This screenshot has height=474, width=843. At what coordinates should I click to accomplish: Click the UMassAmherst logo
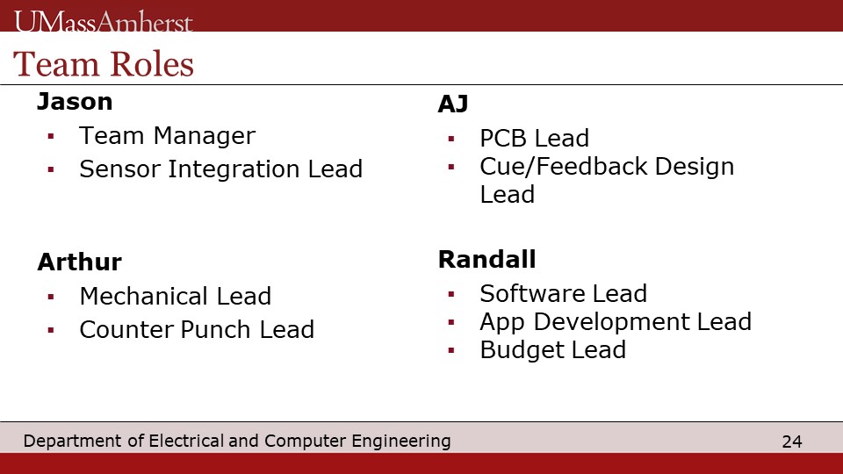(104, 22)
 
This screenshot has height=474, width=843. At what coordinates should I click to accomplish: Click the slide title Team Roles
(104, 64)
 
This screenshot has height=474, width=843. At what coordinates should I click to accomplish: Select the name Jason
(75, 102)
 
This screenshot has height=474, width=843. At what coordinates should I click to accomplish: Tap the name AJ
(453, 104)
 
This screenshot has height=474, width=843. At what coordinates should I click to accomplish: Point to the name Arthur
(80, 262)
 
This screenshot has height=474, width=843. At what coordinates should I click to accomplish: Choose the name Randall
(487, 259)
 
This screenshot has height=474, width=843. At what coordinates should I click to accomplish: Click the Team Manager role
(167, 135)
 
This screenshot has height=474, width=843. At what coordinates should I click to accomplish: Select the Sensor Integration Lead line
(221, 169)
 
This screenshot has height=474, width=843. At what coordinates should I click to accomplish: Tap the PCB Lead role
(535, 138)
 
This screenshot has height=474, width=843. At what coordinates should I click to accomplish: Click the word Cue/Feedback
(564, 166)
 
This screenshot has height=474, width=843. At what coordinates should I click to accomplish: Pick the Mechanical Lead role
(176, 296)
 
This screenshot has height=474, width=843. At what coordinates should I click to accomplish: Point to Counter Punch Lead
(197, 329)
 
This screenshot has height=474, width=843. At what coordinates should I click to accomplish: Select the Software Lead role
(564, 293)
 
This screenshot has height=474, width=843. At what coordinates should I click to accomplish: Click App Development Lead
(616, 322)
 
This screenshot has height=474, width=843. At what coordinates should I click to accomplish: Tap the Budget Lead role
(553, 350)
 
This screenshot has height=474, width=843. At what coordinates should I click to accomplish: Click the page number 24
(792, 442)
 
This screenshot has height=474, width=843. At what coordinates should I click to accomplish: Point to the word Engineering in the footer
(401, 442)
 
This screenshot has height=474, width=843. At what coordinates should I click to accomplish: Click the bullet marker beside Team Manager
(51, 137)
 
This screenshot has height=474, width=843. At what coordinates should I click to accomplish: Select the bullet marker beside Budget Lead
(451, 351)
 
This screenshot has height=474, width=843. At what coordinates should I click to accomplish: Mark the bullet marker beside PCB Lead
(451, 140)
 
